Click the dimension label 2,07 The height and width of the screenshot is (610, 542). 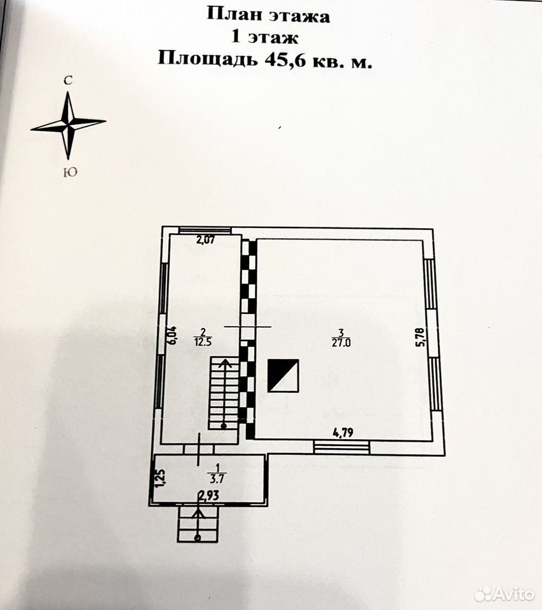[x=205, y=240]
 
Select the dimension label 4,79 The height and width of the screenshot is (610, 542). [x=342, y=432]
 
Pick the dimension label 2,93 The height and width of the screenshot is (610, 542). [x=209, y=496]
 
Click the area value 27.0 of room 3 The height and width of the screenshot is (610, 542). [x=341, y=342]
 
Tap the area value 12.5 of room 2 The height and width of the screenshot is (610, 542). [x=203, y=342]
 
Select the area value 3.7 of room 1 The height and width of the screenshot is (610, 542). [x=217, y=478]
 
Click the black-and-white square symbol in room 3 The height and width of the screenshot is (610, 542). [x=283, y=376]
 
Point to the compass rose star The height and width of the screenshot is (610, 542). [x=69, y=126]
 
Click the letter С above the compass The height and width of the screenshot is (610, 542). [x=69, y=81]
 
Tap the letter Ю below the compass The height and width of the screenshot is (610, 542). [x=70, y=172]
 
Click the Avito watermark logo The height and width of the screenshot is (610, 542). [x=505, y=593]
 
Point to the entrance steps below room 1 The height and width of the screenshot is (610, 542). [x=198, y=524]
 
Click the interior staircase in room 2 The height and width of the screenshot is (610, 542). [x=224, y=393]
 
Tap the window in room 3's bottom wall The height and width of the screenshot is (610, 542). [x=342, y=446]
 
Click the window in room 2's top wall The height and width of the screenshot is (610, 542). [x=205, y=230]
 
